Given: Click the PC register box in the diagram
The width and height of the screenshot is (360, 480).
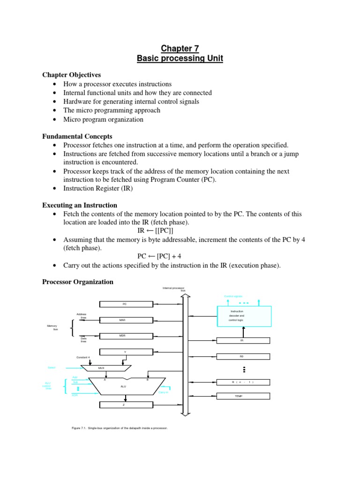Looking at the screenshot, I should point(125,304).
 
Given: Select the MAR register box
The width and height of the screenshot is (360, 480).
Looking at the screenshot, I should point(125,320).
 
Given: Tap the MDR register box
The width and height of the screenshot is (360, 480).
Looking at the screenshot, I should point(125,336).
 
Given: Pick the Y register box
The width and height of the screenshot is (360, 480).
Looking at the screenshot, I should point(125,352).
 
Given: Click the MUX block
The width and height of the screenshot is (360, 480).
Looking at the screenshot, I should point(106,368).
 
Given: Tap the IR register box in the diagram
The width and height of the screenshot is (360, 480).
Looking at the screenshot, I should point(243,341).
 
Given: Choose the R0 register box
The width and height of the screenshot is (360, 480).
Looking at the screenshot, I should point(243,357).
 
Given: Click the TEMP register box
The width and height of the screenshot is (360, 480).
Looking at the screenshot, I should point(243,396).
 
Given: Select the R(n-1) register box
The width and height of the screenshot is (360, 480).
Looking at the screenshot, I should point(243,382).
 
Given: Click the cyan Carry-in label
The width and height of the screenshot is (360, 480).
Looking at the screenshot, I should point(164,392).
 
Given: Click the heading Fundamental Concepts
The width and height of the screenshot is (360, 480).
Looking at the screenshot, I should point(77,136).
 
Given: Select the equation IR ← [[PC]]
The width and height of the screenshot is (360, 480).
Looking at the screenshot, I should point(155,231).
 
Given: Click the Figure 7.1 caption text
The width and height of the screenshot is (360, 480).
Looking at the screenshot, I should point(120,428).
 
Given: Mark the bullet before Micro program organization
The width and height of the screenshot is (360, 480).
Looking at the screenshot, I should point(56,120).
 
